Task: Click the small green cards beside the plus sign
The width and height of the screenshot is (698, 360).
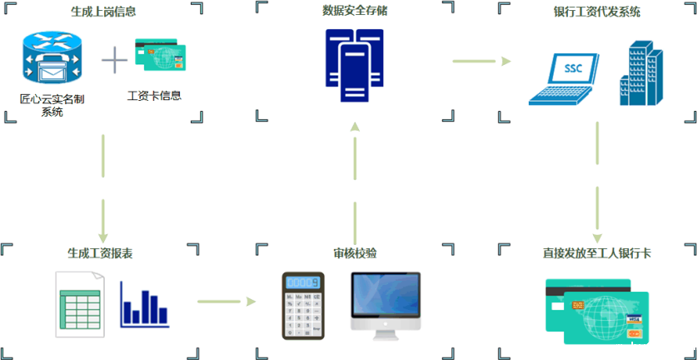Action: coord(159,57)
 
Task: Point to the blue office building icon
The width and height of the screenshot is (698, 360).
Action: coord(641,75)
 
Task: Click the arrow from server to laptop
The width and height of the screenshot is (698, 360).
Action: coord(481,61)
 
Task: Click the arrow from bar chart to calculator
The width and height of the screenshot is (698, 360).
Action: coord(227,300)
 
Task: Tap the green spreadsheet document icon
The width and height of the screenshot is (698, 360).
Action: coord(81,303)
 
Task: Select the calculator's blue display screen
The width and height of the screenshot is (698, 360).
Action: coord(303,282)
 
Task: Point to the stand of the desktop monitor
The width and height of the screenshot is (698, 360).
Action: coord(385,333)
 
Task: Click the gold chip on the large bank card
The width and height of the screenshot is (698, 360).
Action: coord(575,307)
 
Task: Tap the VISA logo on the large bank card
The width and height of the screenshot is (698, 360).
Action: coord(635,318)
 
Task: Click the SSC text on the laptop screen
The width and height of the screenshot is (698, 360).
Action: coord(572,68)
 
